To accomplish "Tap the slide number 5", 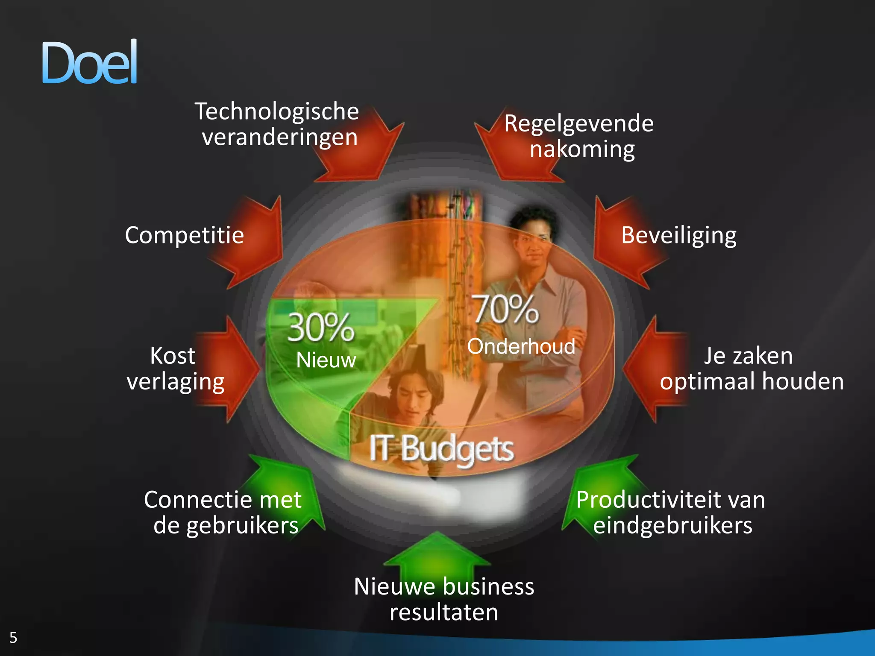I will (13, 637).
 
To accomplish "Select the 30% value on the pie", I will (321, 328).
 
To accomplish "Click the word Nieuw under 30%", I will (326, 360).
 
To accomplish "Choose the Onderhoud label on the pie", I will (521, 346).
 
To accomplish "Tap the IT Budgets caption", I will (441, 449).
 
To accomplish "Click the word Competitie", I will (184, 235).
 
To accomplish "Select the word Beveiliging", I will (678, 235).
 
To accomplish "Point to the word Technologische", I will (277, 111).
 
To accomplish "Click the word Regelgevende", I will (578, 124).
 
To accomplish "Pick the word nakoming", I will (582, 149).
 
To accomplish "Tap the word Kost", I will (173, 355).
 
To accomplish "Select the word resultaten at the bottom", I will (443, 612).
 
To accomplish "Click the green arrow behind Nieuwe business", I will (437, 555).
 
